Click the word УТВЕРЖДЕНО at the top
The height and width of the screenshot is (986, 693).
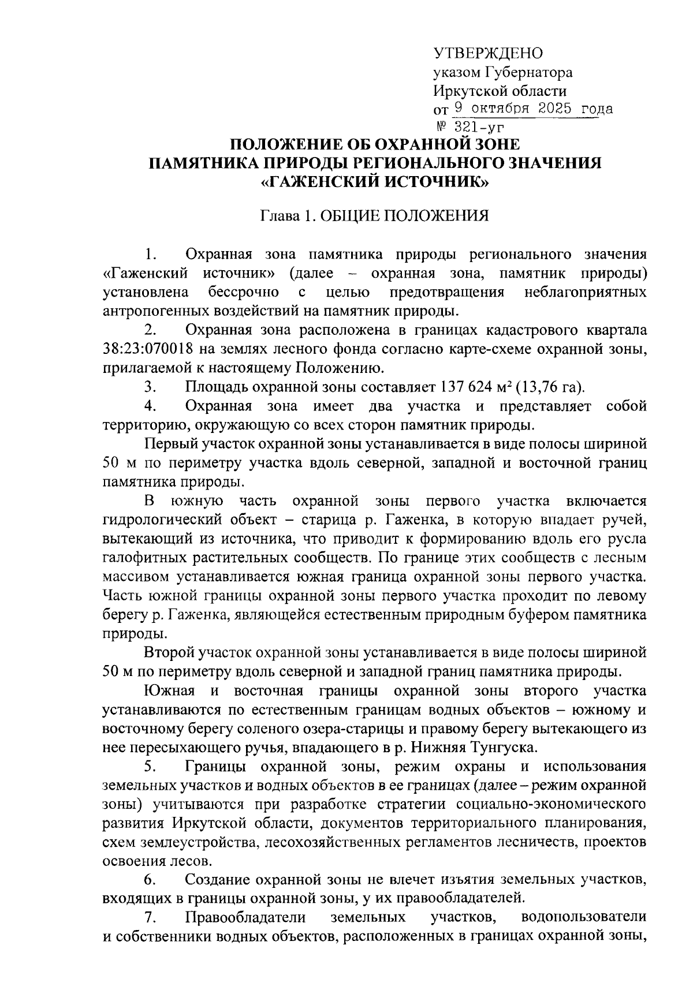(x=488, y=54)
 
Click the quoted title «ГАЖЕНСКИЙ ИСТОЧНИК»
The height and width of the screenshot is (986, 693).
(x=375, y=182)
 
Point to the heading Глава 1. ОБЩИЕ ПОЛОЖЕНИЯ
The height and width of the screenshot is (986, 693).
(x=374, y=216)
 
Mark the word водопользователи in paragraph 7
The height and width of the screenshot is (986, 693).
(x=583, y=917)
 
